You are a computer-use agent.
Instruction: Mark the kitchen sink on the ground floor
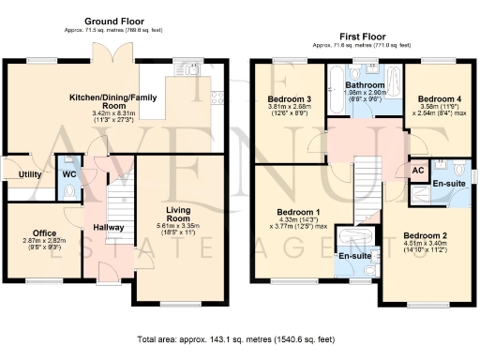191,70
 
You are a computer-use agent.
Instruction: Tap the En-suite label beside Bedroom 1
352,255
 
